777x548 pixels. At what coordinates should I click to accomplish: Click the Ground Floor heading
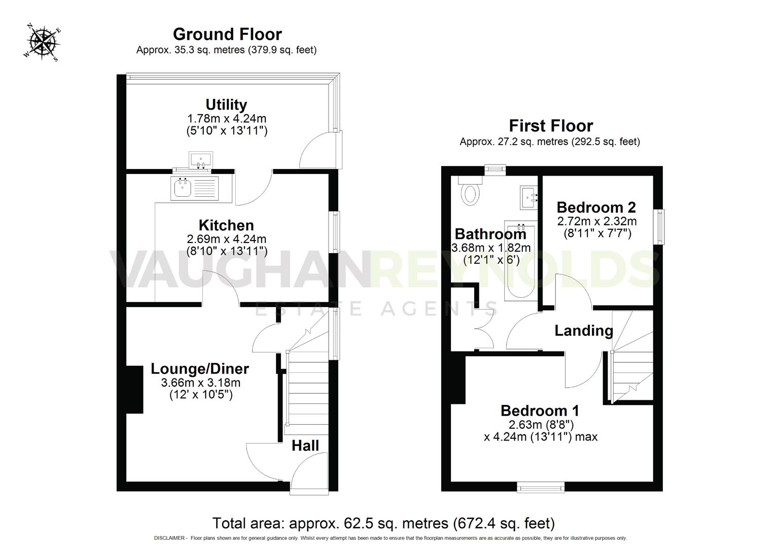(227, 34)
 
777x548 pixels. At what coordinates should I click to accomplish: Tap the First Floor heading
(551, 125)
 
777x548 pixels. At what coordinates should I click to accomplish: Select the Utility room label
(226, 105)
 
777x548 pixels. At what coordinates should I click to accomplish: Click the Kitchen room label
(226, 225)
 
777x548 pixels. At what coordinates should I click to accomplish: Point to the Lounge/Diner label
(200, 369)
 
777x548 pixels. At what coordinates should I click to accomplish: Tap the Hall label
(305, 446)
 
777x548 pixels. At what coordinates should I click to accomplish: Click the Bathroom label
(490, 234)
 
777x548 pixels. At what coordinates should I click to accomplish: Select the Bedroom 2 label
(596, 207)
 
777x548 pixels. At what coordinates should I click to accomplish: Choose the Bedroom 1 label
(540, 410)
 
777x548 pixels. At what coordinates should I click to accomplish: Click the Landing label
(583, 331)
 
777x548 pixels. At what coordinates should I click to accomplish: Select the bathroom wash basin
(529, 197)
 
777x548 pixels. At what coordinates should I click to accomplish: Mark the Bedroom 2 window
(660, 227)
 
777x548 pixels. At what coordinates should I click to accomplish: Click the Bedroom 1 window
(540, 487)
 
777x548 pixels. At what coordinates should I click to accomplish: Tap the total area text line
(383, 523)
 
